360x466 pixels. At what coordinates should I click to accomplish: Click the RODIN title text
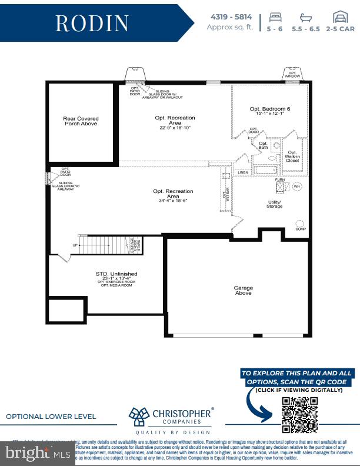click(92, 23)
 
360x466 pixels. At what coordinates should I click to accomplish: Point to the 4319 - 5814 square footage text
click(230, 16)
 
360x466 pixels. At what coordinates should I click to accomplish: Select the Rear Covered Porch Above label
click(81, 121)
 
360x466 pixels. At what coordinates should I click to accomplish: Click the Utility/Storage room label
click(274, 204)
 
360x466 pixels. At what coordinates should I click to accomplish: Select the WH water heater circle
click(297, 187)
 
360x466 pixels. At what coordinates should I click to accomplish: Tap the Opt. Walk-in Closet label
click(292, 156)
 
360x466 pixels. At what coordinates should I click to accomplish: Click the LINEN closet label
click(243, 172)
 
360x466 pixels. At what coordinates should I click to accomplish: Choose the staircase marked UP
click(103, 245)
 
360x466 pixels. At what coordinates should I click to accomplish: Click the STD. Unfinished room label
click(116, 274)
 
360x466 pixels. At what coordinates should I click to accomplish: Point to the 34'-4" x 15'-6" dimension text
click(173, 201)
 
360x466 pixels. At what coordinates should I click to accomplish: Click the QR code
click(300, 414)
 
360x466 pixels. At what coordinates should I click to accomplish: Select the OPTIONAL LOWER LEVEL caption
click(51, 417)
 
